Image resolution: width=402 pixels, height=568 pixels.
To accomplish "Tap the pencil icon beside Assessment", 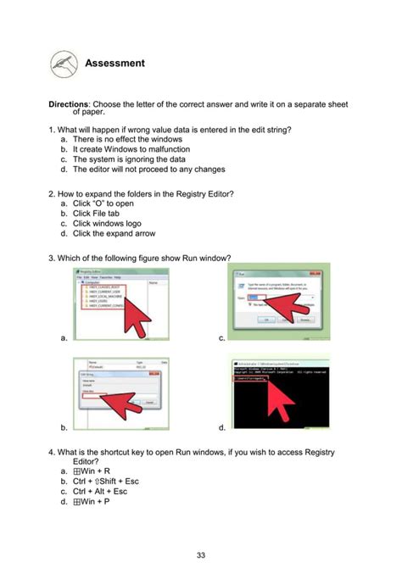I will point(62,62).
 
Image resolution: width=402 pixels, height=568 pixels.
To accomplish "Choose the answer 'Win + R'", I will point(92,471).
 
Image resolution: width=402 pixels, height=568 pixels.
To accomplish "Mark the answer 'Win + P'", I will point(92,501).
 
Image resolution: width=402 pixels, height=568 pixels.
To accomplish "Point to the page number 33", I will point(201,555).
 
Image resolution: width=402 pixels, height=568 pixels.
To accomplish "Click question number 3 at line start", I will point(52,258).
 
